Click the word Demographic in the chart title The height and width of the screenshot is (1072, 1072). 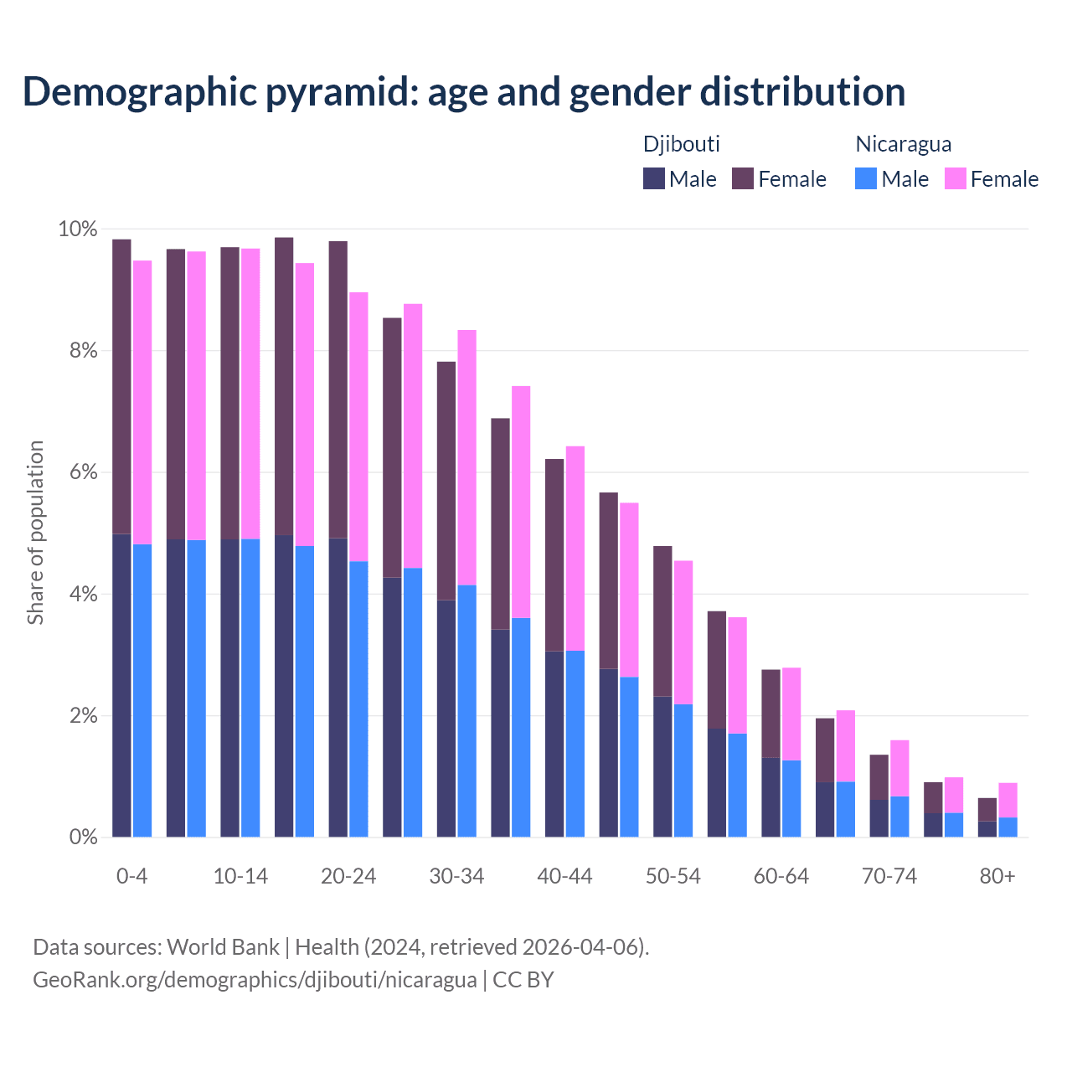point(139,92)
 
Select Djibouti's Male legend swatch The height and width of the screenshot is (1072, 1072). point(653,178)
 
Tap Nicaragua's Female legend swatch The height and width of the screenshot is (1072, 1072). point(955,178)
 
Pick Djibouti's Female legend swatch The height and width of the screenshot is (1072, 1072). point(743,178)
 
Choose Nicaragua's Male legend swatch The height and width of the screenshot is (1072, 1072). point(866,178)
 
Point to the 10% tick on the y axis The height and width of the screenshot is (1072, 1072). point(77,229)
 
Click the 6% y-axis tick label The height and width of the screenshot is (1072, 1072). point(82,472)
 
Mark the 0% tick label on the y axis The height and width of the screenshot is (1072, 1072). point(82,837)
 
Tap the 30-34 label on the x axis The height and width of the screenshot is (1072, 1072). point(456,877)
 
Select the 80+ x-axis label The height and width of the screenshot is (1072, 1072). point(997,877)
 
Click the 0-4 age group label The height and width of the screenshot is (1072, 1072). point(132,877)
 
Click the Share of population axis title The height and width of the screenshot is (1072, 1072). point(36,533)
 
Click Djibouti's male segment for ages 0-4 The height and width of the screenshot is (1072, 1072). point(121,685)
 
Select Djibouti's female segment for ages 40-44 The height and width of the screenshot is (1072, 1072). point(554,554)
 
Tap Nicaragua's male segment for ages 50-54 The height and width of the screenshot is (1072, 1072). point(683,770)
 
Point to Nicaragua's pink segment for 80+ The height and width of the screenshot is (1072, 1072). point(1008,800)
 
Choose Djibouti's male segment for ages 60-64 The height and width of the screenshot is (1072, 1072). point(770,797)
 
